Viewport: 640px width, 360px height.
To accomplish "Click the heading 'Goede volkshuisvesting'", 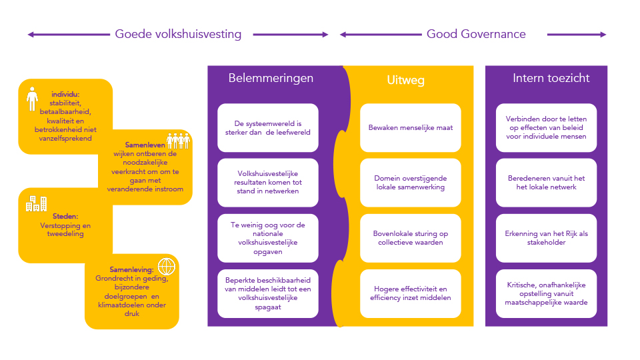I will click(x=178, y=34).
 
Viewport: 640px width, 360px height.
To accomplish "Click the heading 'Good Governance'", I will click(x=476, y=34).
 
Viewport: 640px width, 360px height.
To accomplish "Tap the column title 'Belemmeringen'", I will click(x=271, y=78).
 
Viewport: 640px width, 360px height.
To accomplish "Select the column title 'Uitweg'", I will click(x=405, y=81).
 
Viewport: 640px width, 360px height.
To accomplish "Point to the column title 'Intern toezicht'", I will click(x=551, y=78).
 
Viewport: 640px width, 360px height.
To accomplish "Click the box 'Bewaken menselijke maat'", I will click(x=411, y=127).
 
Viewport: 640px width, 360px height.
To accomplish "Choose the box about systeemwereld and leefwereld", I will click(x=267, y=127).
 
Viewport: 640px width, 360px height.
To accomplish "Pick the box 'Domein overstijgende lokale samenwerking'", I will click(x=411, y=183).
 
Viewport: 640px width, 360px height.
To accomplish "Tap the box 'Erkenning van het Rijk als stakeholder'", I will click(x=546, y=238).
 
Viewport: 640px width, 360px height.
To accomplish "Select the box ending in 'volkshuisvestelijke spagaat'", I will click(x=267, y=293).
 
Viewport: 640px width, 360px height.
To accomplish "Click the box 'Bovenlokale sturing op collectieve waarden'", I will click(x=411, y=238).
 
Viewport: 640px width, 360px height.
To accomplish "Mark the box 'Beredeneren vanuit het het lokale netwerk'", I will click(x=546, y=183).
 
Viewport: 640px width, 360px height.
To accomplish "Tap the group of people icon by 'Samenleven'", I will click(x=178, y=141).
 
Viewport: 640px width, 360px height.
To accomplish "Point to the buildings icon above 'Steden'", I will click(x=36, y=203).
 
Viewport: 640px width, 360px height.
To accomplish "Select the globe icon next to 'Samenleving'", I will click(x=165, y=267).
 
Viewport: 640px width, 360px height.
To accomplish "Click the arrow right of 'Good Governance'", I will click(x=577, y=35).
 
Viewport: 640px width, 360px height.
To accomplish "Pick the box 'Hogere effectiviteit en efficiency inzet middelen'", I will click(x=411, y=293).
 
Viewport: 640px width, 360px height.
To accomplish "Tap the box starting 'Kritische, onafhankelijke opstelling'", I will click(x=546, y=293).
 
